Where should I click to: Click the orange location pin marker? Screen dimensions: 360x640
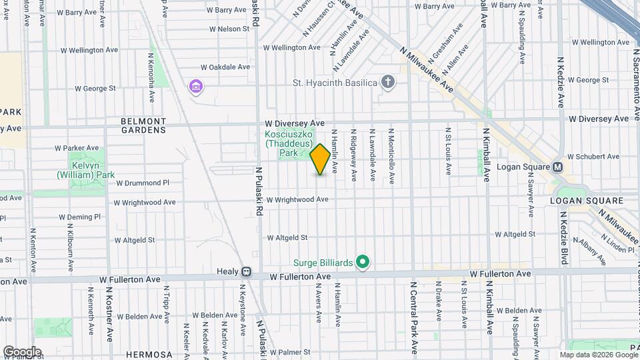(320, 159)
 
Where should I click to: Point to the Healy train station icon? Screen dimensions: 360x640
(246, 272)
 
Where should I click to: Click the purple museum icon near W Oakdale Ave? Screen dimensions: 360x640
(196, 87)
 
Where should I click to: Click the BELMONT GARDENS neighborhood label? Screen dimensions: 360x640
(143, 125)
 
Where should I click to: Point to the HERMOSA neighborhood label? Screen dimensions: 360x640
(145, 354)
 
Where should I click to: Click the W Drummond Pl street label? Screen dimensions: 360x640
(143, 183)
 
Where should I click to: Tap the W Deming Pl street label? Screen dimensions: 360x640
(79, 217)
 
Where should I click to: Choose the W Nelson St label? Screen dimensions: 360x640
(229, 29)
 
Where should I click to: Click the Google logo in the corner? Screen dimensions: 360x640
(22, 351)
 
